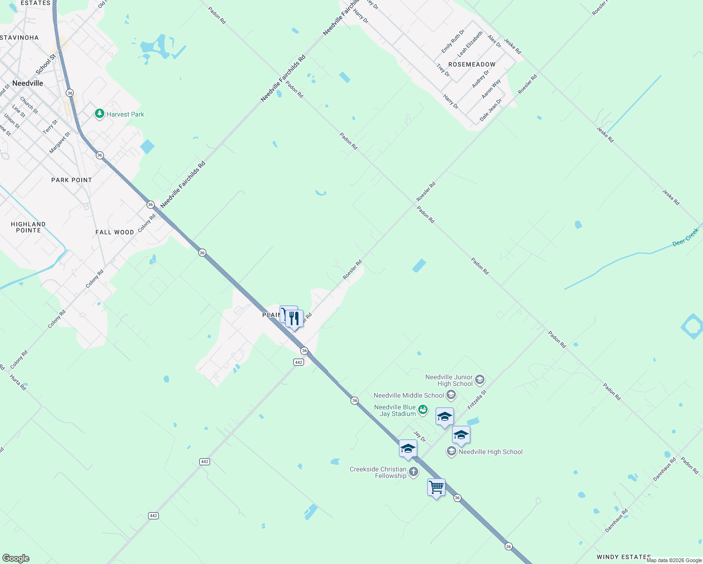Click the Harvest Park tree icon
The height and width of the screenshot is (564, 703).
click(99, 114)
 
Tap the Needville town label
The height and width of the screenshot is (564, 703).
click(28, 83)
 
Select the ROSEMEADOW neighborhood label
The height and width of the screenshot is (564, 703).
click(472, 64)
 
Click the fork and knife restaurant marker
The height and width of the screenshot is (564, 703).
click(294, 319)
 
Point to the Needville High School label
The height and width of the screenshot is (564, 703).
click(490, 452)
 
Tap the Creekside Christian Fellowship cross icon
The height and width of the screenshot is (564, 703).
click(414, 472)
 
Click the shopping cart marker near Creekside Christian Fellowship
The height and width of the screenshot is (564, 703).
click(436, 487)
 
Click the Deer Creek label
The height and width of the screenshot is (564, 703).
click(686, 237)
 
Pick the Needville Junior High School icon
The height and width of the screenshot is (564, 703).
click(479, 380)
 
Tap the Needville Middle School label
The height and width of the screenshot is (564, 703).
click(408, 395)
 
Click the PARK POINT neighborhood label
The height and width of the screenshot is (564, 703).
click(71, 180)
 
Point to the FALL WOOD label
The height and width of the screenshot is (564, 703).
click(115, 232)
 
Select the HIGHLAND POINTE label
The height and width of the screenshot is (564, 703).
click(28, 227)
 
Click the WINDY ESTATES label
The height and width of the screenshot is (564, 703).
click(624, 557)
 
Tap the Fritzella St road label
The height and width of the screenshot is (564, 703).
click(477, 399)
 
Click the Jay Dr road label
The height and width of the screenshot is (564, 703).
click(420, 437)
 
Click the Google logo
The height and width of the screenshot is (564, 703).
click(16, 558)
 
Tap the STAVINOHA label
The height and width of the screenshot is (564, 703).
click(19, 38)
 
